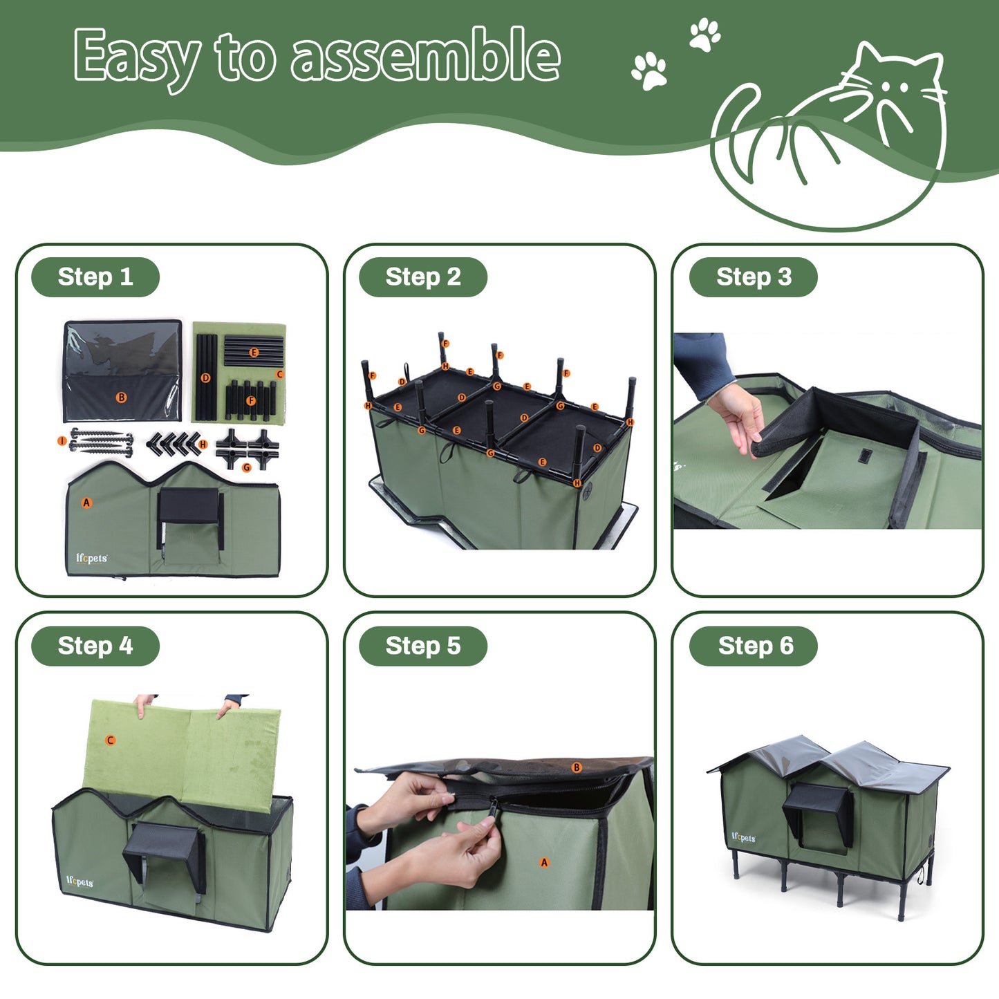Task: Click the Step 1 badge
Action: click(x=95, y=277)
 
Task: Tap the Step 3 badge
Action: click(x=754, y=277)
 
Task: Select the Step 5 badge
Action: click(x=423, y=646)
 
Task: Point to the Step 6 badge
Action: click(x=754, y=646)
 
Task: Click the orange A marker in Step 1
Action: click(x=86, y=503)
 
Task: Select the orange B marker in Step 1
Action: click(x=122, y=398)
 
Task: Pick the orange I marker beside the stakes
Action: click(x=62, y=441)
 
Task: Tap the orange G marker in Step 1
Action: click(x=247, y=468)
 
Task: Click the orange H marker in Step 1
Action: click(x=203, y=444)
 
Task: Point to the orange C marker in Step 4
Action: click(x=110, y=740)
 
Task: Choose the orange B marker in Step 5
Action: click(x=577, y=767)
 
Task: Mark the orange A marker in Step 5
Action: click(x=544, y=862)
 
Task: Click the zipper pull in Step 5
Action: click(x=493, y=807)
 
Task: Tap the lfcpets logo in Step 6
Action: click(x=744, y=838)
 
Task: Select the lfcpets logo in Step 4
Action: click(x=80, y=882)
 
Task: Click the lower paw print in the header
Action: click(x=649, y=71)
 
